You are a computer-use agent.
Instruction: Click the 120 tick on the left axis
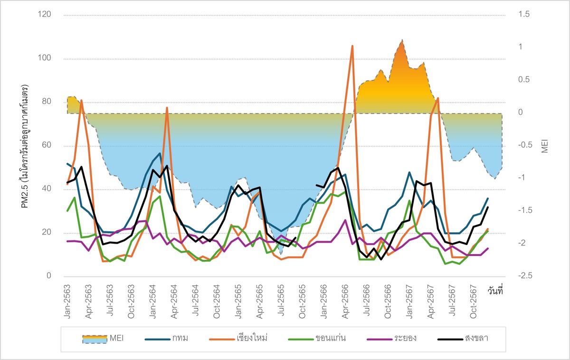pos(46,15)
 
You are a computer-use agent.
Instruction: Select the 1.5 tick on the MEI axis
pos(523,15)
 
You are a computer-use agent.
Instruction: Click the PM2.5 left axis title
pos(24,145)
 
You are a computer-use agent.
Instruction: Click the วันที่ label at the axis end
pos(494,291)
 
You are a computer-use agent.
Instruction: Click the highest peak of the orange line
pos(352,46)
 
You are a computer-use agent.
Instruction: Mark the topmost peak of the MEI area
pos(402,40)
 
